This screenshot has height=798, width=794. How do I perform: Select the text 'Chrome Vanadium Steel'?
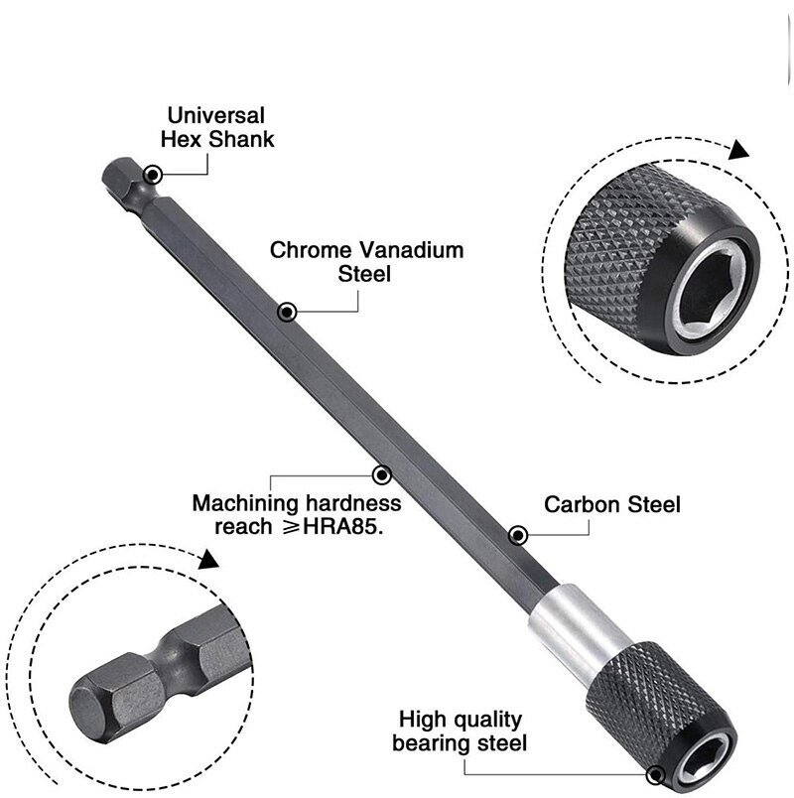click(x=367, y=261)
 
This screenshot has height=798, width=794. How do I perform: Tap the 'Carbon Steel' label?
click(x=612, y=504)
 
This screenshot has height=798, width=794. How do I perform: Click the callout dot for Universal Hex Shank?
click(x=151, y=175)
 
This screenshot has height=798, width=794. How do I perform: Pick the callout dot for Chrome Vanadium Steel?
click(x=287, y=313)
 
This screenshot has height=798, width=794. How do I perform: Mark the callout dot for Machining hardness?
click(x=378, y=473)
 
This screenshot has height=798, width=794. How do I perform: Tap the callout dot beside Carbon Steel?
click(x=517, y=536)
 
